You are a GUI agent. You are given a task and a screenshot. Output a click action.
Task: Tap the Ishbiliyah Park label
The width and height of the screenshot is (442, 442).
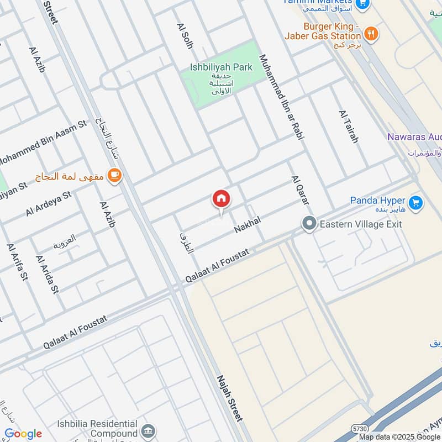221,67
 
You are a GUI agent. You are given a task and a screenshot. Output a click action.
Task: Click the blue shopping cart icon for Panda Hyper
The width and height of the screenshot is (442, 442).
417,203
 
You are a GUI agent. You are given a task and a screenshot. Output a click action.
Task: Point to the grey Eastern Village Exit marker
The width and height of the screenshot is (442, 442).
309,224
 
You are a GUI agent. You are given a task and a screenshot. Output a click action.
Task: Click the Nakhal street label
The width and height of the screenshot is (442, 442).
246,224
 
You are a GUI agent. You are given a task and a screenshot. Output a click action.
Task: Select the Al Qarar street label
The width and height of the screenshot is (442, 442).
299,192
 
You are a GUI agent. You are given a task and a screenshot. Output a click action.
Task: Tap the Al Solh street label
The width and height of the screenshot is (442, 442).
185,36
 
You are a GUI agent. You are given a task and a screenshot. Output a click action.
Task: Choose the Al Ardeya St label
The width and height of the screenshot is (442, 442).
49,204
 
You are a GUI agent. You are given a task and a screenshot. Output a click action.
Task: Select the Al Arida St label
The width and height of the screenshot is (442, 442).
47,273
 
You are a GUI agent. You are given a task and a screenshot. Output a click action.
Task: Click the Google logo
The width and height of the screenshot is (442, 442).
23,434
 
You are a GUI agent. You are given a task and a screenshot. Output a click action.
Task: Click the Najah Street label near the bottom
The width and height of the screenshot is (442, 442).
230,399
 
